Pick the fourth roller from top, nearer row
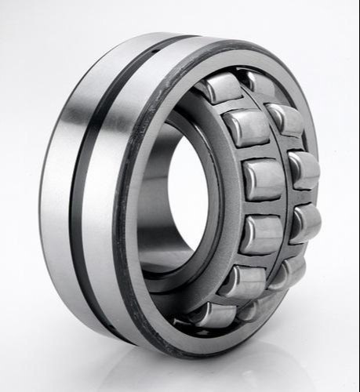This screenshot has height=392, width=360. click(x=260, y=234)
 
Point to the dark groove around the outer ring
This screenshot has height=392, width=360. click(x=87, y=188)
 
